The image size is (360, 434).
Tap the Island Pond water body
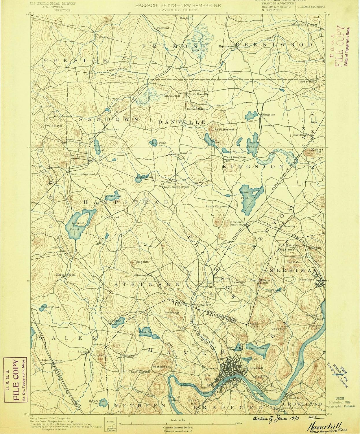pos(77,223)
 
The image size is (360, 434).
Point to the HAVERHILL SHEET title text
pos(177,10)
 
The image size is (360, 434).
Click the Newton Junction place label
pos(236,223)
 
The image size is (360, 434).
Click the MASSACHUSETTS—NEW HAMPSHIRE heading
pos(177,5)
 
